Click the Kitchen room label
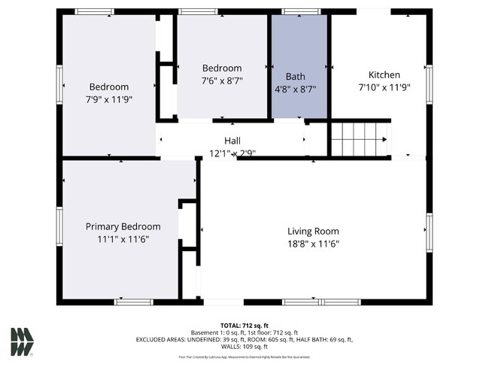384,74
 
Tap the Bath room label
295,76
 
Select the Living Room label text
313,231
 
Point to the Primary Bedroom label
123,226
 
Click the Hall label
232,141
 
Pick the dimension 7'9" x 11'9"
109,99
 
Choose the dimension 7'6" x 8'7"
222,80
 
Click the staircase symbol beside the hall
360,139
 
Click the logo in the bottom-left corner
22,341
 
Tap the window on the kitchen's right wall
429,83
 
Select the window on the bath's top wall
299,11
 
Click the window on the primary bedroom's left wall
59,226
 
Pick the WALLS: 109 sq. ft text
244,347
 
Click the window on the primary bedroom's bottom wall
133,302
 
